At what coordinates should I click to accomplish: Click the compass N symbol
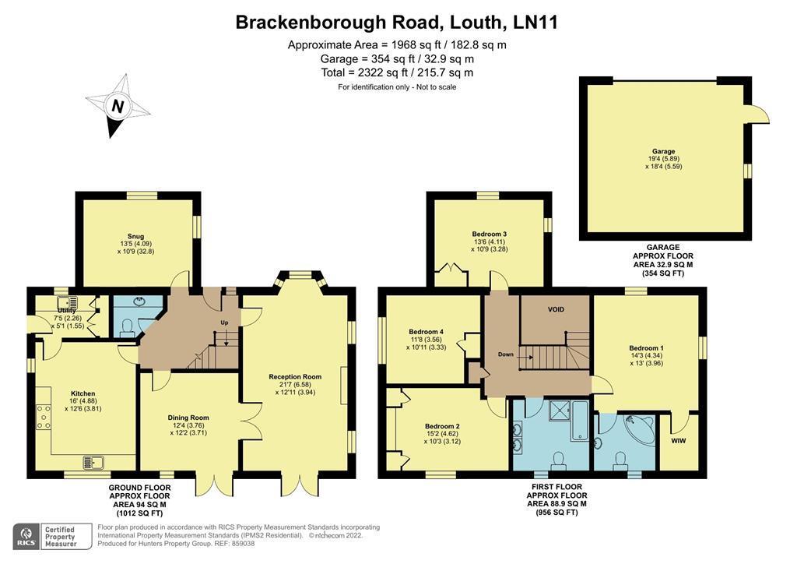(x=118, y=106)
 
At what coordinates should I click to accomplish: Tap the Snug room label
(x=135, y=235)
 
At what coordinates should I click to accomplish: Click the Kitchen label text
(x=83, y=393)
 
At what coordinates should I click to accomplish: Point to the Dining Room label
(x=189, y=418)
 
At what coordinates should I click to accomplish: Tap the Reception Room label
(x=295, y=376)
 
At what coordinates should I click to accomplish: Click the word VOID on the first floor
(x=556, y=309)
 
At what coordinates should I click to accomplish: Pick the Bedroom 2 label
(x=442, y=426)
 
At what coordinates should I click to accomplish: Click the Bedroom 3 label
(x=489, y=234)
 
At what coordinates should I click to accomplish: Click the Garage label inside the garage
(x=663, y=151)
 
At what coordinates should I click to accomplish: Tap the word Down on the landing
(x=506, y=354)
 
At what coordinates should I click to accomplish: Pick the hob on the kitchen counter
(x=44, y=417)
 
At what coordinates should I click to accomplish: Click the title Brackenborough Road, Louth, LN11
(x=397, y=23)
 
